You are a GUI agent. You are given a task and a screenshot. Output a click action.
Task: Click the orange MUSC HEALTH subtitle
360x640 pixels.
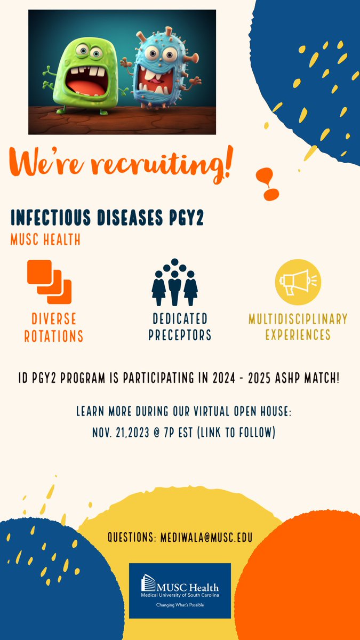[45, 240]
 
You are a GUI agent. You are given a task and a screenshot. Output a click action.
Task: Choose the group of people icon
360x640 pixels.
[174, 282]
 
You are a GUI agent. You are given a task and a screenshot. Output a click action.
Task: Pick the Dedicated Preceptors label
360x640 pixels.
[180, 327]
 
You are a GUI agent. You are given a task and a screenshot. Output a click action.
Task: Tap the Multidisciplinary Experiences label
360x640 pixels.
[298, 327]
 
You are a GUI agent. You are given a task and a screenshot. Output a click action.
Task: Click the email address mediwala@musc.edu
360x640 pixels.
[206, 537]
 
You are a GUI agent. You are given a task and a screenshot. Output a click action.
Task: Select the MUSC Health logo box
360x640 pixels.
[180, 590]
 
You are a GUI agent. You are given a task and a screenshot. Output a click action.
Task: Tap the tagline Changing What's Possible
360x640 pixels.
[180, 605]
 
